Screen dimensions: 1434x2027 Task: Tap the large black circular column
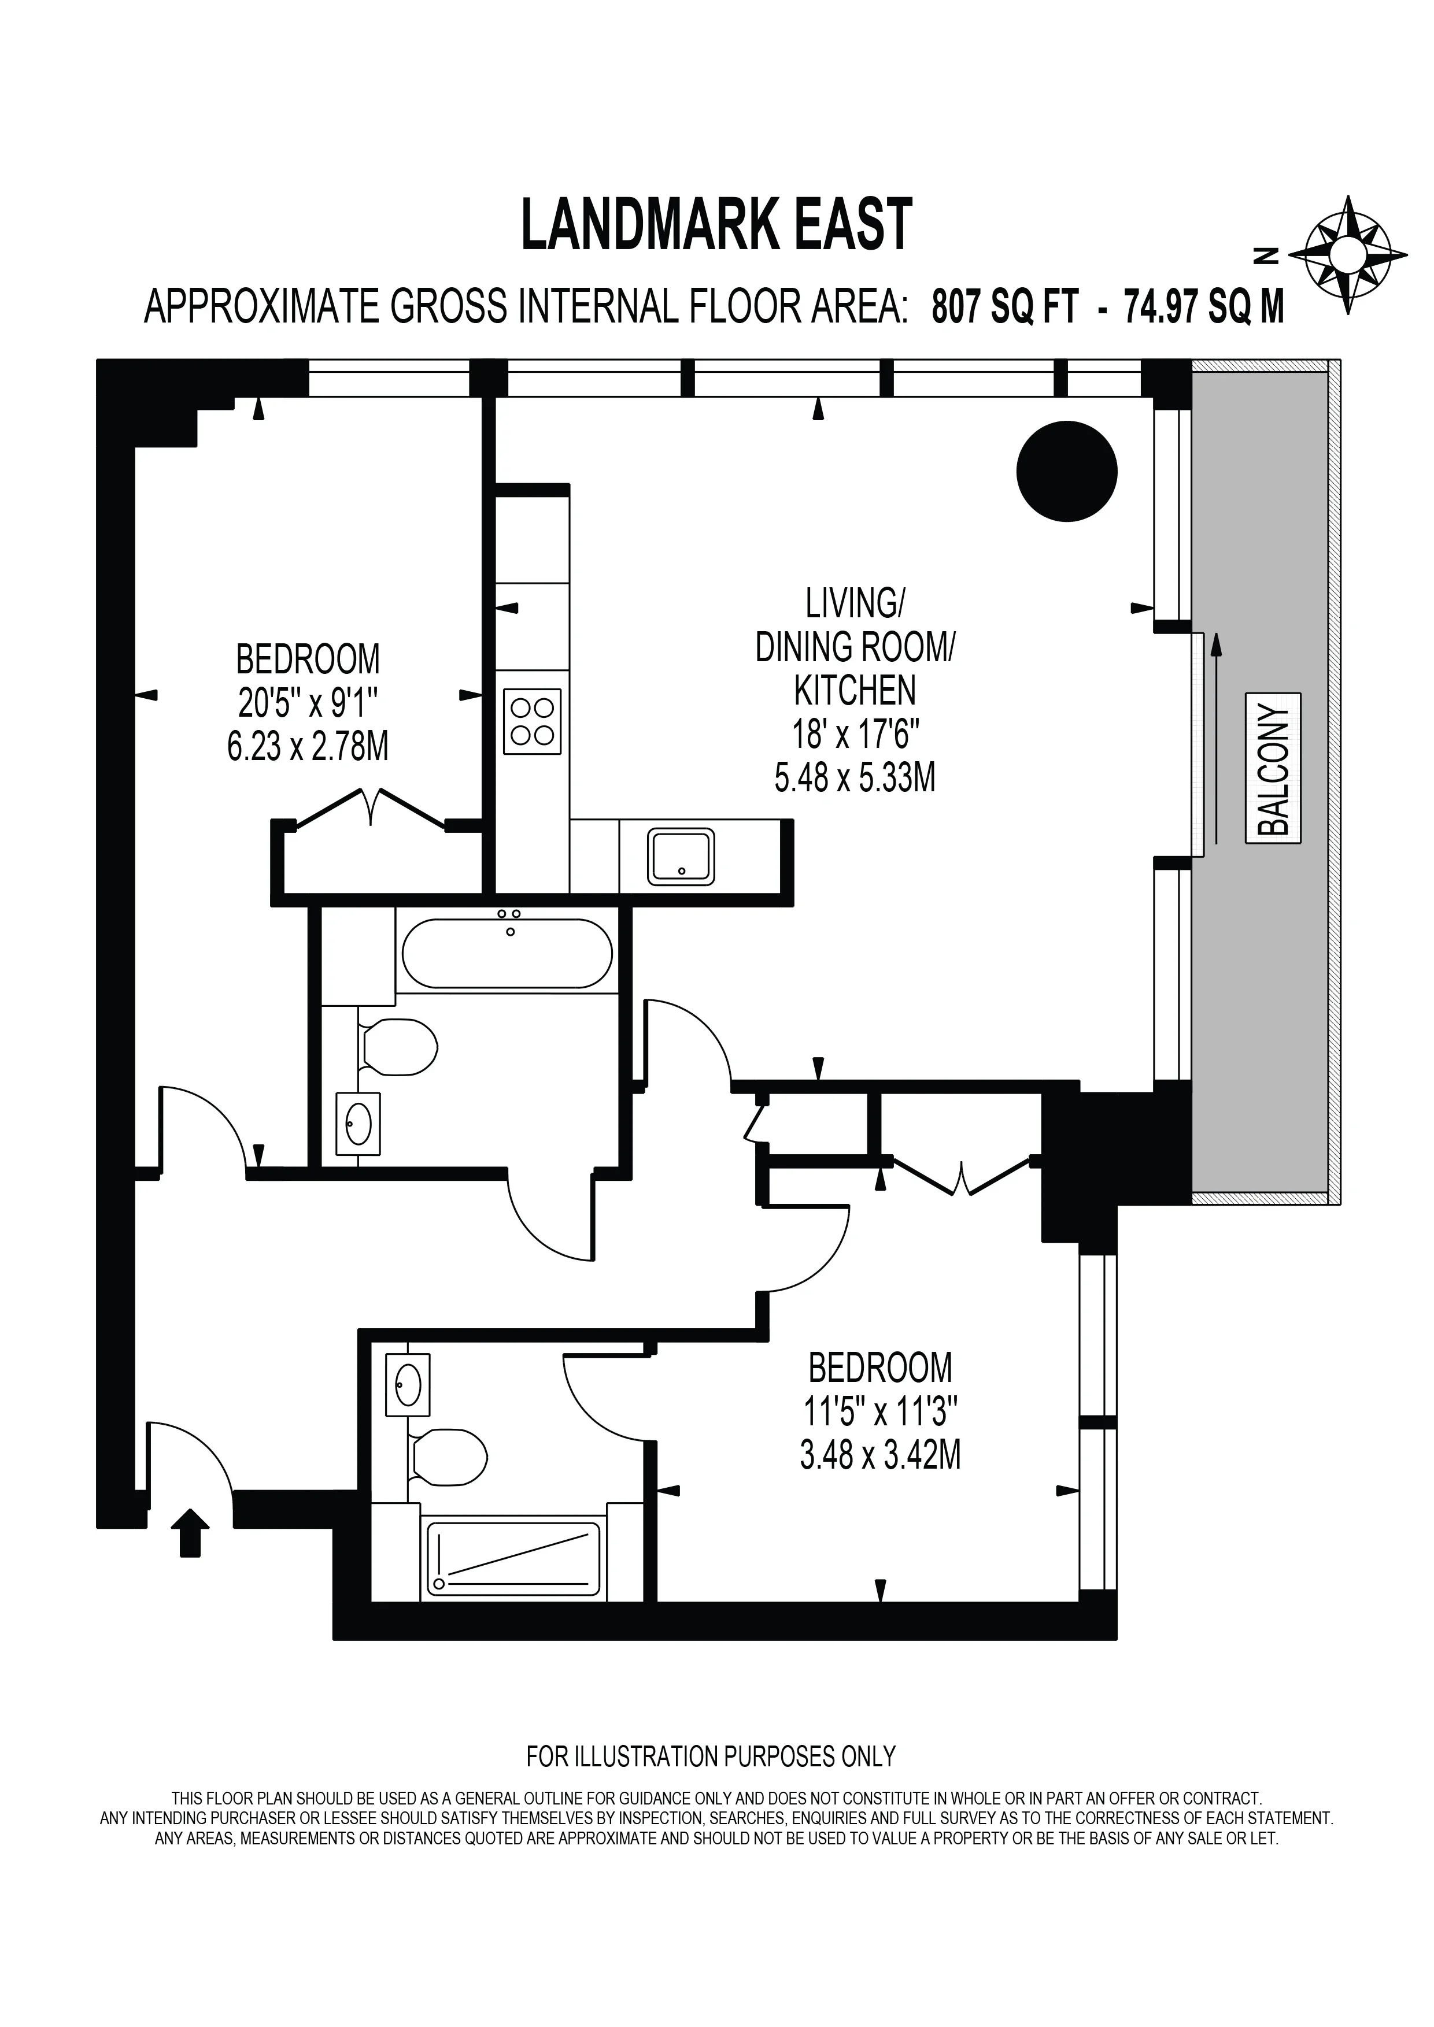tap(1067, 470)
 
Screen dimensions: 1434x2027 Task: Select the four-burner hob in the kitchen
tap(533, 721)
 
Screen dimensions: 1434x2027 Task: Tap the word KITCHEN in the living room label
tap(855, 690)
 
